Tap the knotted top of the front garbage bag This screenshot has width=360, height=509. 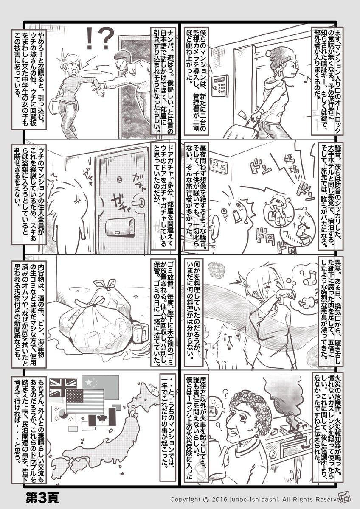click(95, 301)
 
